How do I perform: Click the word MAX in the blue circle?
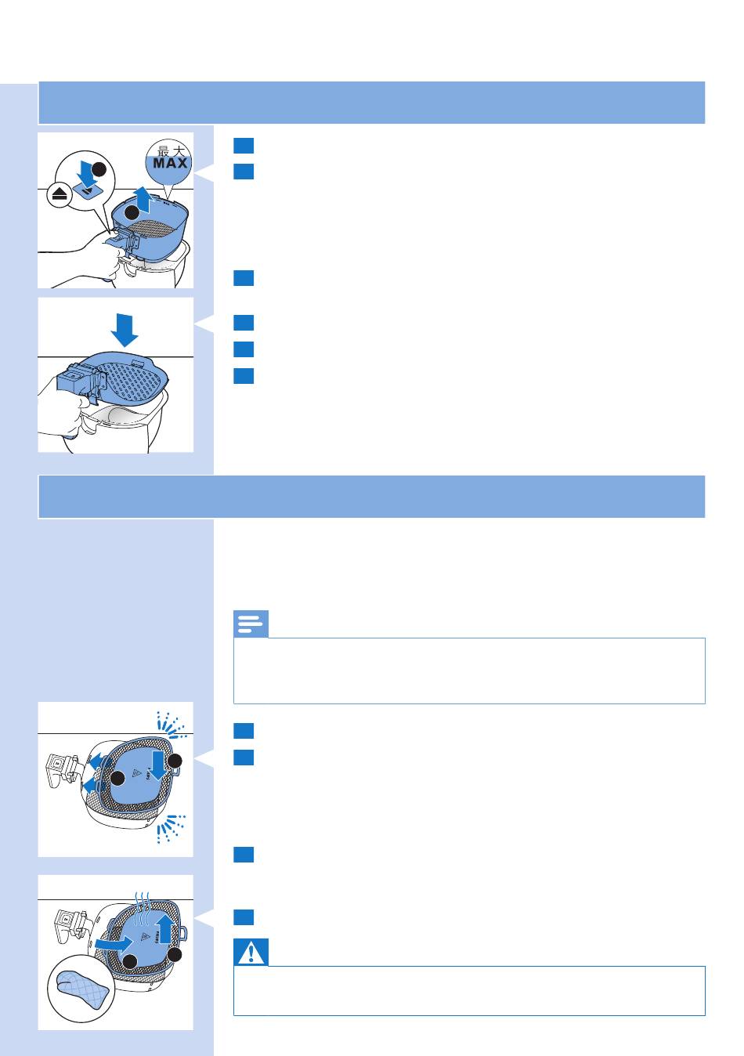[170, 163]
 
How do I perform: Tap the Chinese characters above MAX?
[172, 151]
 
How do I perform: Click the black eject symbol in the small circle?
[60, 195]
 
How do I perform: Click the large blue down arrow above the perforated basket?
[125, 330]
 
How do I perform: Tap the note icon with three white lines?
[251, 624]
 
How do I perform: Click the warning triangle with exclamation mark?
[251, 952]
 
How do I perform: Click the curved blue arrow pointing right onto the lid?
[114, 944]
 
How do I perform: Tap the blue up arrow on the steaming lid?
[164, 929]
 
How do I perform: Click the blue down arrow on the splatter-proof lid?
[159, 765]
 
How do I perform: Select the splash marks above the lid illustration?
[171, 725]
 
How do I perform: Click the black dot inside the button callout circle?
[99, 168]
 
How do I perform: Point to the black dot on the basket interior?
[132, 213]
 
